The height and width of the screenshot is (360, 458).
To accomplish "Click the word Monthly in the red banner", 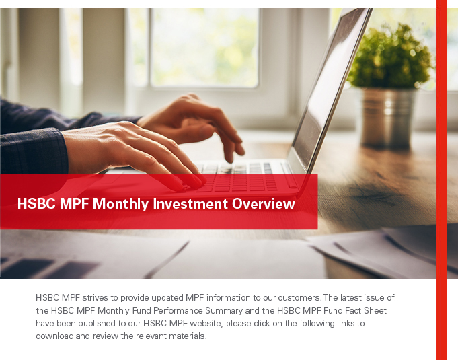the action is tap(120, 204).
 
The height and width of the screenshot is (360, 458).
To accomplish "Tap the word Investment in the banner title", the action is tap(190, 203).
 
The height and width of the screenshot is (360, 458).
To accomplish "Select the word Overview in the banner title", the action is tap(264, 203).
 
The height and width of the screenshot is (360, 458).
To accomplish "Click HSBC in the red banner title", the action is tap(36, 203).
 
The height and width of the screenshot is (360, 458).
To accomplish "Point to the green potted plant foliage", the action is tap(391, 57).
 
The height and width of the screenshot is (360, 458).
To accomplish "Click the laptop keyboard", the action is tap(237, 178).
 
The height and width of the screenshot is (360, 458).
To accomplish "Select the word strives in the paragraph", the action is tap(96, 298).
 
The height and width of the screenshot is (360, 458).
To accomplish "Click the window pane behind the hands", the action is tap(204, 46).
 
